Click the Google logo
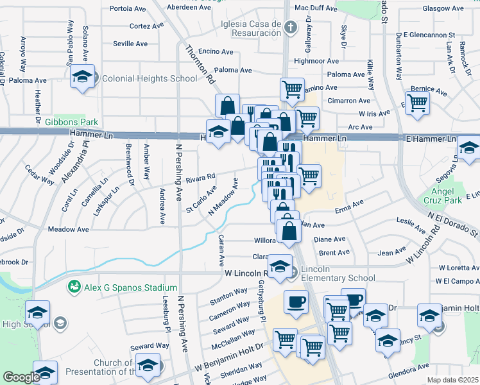pos(21,377)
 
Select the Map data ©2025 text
pos(452,380)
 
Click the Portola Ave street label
pos(129,9)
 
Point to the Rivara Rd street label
pos(201,179)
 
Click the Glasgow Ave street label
pos(443,9)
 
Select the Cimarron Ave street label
pos(348,101)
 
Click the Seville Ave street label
pos(130,44)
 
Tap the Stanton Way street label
pos(229,296)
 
